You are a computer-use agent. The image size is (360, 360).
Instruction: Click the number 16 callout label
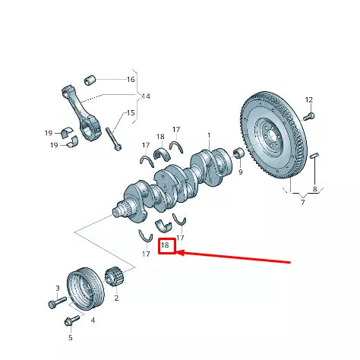(x=131, y=79)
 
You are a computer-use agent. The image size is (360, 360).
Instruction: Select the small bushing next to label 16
(x=90, y=78)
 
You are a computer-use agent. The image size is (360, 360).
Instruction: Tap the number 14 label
(x=146, y=96)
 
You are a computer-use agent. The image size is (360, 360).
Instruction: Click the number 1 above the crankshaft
(x=209, y=136)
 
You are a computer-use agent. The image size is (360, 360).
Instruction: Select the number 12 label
(x=309, y=100)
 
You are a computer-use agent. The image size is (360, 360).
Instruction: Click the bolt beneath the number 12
(x=309, y=116)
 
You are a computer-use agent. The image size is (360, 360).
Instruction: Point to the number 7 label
(x=302, y=203)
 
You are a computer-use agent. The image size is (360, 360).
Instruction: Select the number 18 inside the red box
(x=166, y=245)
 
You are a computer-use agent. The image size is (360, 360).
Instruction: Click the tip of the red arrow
(x=178, y=253)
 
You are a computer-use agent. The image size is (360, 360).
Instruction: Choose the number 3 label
(x=56, y=289)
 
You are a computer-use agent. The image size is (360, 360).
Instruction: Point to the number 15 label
(x=131, y=113)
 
